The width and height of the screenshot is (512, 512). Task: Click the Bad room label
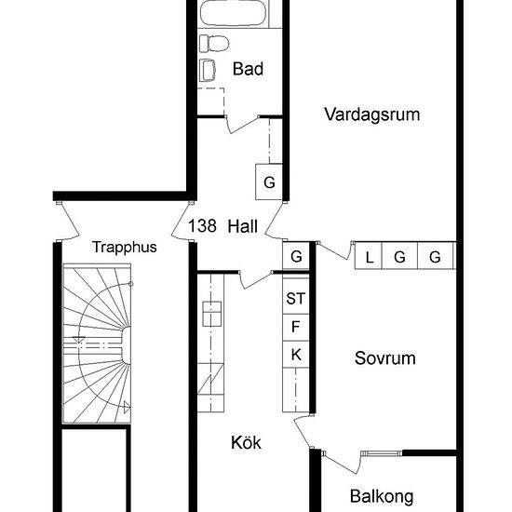248,69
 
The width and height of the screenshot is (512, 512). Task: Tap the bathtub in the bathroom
236,16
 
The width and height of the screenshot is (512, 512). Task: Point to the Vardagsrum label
372,115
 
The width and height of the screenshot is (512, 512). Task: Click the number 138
202,225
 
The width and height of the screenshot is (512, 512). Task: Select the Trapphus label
124,248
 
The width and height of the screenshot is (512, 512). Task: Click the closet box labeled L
369,257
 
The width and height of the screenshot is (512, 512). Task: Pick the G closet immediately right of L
399,257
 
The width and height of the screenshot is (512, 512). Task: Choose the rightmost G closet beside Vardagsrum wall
434,257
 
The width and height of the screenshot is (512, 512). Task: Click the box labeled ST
296,299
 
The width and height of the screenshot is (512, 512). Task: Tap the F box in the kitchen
296,326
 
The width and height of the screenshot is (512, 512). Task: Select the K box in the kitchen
296,354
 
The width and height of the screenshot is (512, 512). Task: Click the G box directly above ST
296,256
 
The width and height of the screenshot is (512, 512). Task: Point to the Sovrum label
384,358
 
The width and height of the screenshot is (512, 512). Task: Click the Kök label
246,444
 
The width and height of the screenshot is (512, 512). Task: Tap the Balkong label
382,496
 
